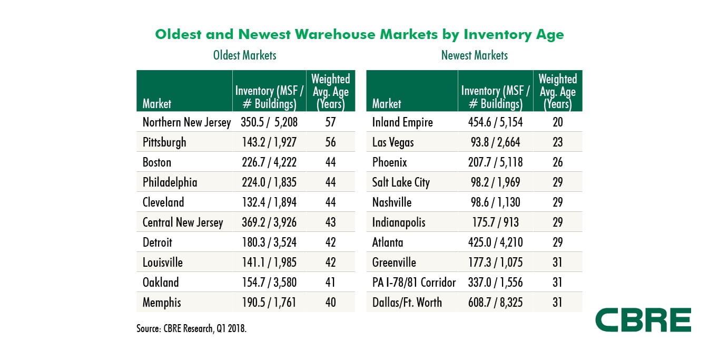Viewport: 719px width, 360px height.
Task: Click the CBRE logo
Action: (x=643, y=320)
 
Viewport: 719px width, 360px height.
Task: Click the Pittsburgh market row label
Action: (x=164, y=142)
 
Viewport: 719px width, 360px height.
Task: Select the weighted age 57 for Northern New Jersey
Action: (x=330, y=122)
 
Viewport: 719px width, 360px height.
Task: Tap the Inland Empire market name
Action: (x=402, y=122)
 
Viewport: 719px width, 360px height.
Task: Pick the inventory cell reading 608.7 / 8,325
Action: (x=495, y=303)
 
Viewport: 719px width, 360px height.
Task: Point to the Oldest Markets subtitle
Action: (x=244, y=55)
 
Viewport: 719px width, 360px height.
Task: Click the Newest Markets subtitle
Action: (x=475, y=55)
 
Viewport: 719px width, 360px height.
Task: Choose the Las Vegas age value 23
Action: (x=558, y=142)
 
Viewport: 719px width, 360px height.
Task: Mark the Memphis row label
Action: (x=162, y=303)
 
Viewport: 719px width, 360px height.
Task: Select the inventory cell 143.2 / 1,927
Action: (x=266, y=142)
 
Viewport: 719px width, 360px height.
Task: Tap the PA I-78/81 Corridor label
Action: (x=414, y=283)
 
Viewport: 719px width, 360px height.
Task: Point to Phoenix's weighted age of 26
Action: (x=558, y=162)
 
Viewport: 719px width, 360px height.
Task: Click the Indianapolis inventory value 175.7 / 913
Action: (x=495, y=222)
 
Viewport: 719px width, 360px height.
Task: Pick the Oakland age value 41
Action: (x=330, y=283)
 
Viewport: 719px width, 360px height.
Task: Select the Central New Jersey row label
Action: (x=183, y=222)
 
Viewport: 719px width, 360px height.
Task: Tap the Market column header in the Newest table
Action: (x=387, y=103)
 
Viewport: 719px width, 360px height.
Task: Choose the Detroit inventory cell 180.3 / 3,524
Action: (x=266, y=242)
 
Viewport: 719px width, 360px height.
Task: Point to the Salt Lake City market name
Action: (x=401, y=182)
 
